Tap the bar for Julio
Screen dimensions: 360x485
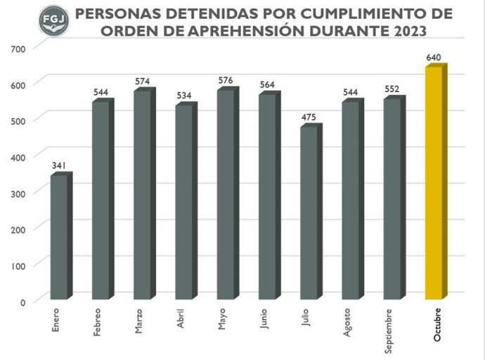[x=310, y=213]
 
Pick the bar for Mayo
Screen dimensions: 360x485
[x=227, y=195]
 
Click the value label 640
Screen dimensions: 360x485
[x=434, y=57]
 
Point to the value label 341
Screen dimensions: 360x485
[x=60, y=166]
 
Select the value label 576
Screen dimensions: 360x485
[x=226, y=81]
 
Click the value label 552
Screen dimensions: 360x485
[x=393, y=89]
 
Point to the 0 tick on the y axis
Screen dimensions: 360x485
[x=22, y=302]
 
